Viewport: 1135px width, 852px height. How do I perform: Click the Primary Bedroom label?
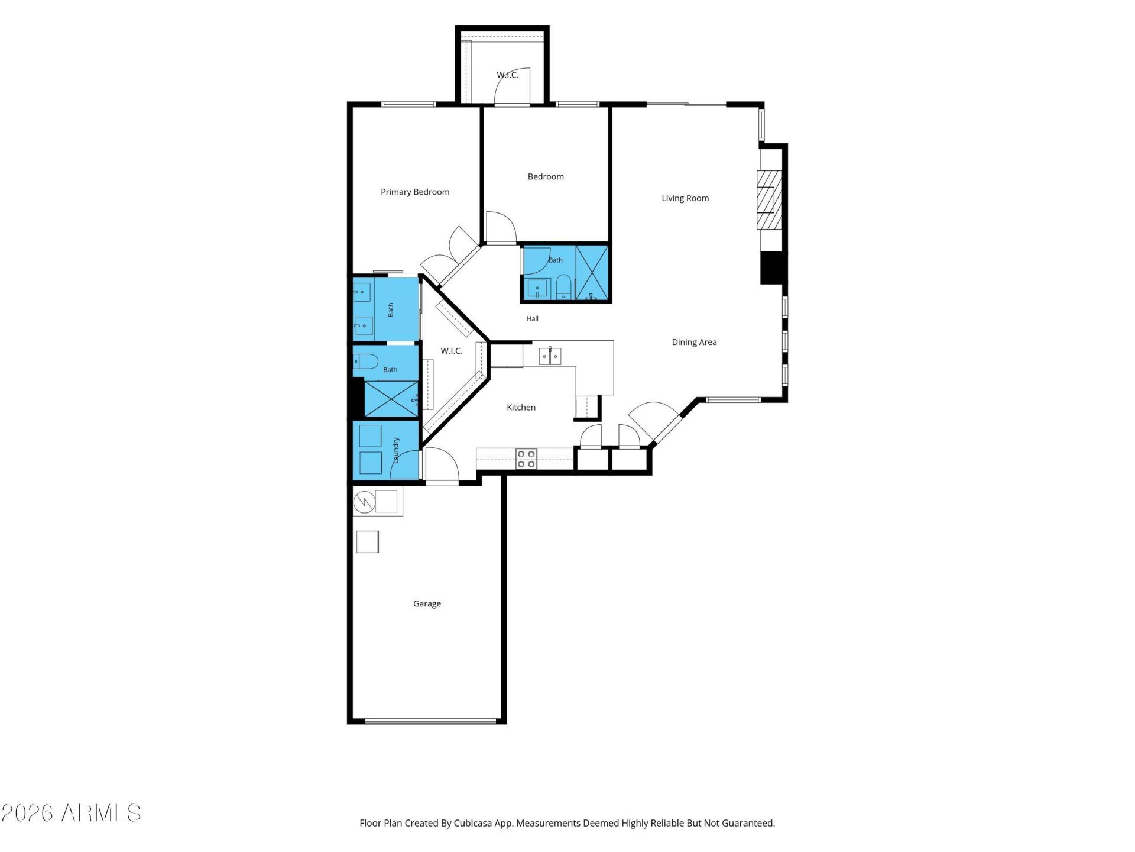tap(415, 192)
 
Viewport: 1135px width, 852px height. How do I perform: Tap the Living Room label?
tap(685, 198)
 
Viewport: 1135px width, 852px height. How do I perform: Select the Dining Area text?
tap(694, 342)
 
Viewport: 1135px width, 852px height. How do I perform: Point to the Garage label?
tap(427, 603)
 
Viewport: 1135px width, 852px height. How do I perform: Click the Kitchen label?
tap(521, 407)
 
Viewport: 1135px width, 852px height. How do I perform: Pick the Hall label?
tap(533, 318)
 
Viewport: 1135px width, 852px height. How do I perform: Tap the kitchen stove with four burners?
tap(526, 459)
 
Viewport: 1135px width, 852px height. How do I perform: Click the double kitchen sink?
tap(550, 356)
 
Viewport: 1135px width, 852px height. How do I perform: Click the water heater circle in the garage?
tap(365, 502)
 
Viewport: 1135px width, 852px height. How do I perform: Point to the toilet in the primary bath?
tap(365, 361)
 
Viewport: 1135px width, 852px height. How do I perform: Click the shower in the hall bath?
tap(592, 273)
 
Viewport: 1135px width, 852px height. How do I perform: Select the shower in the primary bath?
tap(391, 399)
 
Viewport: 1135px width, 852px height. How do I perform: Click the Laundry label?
tap(396, 450)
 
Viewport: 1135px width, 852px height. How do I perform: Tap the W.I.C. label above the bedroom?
tap(507, 75)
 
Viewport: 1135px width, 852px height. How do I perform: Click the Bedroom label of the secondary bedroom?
tap(546, 176)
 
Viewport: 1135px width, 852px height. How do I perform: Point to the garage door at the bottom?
tap(430, 721)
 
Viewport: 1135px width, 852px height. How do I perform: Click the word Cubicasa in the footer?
tap(474, 823)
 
